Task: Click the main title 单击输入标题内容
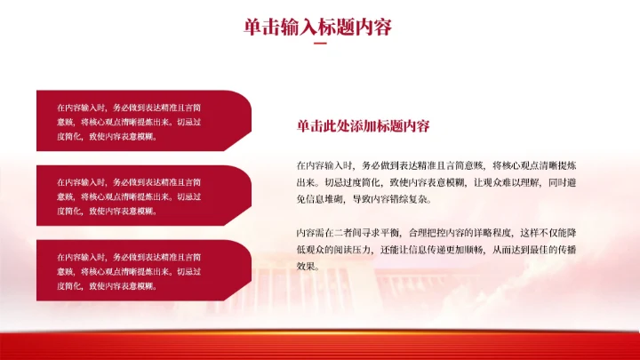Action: pos(318,28)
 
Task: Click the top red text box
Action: pos(142,121)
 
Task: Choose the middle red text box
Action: pos(142,196)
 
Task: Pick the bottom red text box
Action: pos(142,270)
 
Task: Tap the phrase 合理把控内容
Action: pos(444,232)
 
